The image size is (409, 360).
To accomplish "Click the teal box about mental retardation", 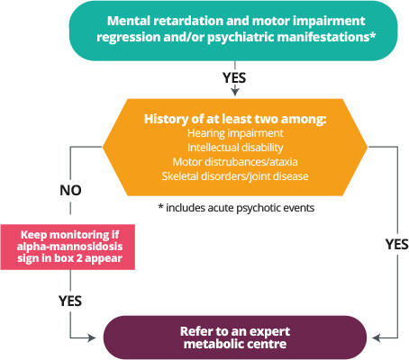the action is tap(233, 31).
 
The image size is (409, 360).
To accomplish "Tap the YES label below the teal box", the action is tap(234, 77).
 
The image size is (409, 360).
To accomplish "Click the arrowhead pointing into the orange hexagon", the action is tap(235, 92).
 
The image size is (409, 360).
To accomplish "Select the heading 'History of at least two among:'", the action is tap(235, 119).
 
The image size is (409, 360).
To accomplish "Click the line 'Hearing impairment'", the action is tap(235, 133).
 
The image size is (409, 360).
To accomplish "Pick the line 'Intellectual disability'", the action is tap(235, 148).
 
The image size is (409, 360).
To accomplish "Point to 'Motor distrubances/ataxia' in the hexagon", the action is tap(235, 162).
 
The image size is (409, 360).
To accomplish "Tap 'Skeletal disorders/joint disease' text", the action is tap(235, 176).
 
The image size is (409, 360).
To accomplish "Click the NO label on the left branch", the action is tap(70, 190).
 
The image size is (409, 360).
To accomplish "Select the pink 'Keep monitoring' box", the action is tap(68, 247).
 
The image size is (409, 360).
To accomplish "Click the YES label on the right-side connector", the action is tap(397, 244).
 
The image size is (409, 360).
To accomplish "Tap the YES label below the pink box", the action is tap(70, 301).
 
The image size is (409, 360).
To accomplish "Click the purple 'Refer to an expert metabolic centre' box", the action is tap(235, 337).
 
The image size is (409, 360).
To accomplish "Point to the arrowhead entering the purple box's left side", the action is tap(92, 338).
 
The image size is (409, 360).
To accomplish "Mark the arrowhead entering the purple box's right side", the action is tap(376, 338).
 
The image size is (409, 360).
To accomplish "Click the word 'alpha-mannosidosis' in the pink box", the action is tap(69, 247).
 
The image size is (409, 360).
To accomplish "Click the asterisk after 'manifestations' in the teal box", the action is tap(372, 35).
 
